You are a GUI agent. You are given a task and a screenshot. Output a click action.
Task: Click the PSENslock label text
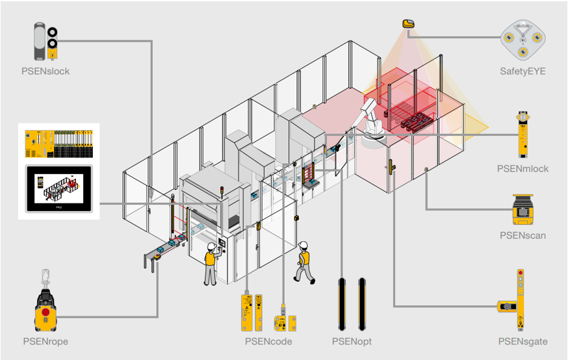[45, 71]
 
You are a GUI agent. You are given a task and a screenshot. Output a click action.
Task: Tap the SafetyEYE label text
[523, 71]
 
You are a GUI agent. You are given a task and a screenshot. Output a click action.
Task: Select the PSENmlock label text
[523, 169]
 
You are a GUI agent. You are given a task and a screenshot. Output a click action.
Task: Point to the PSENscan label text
[523, 235]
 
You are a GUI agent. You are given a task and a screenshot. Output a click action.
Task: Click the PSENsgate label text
[523, 342]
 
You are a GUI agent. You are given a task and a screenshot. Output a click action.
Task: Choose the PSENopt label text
[352, 342]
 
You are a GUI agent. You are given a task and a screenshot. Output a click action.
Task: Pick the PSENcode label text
[268, 342]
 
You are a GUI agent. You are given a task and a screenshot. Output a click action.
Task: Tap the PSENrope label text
[45, 342]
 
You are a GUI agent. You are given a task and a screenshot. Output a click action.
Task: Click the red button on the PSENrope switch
[45, 312]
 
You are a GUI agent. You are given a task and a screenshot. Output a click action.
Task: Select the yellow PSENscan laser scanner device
[523, 209]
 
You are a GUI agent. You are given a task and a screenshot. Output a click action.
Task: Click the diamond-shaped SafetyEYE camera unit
[523, 40]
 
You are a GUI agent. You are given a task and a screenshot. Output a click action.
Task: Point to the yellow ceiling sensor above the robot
[408, 24]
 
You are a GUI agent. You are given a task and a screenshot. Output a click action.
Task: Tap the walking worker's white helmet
[303, 245]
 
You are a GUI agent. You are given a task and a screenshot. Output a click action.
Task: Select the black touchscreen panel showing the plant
[59, 188]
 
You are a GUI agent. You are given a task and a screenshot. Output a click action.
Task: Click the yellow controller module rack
[58, 144]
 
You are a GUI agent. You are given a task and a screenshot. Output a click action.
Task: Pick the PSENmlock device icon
[523, 135]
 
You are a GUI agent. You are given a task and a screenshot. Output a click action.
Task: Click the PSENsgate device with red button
[515, 300]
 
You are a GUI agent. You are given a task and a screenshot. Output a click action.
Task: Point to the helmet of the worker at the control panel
[212, 247]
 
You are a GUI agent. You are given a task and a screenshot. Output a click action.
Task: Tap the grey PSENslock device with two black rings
[46, 41]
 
